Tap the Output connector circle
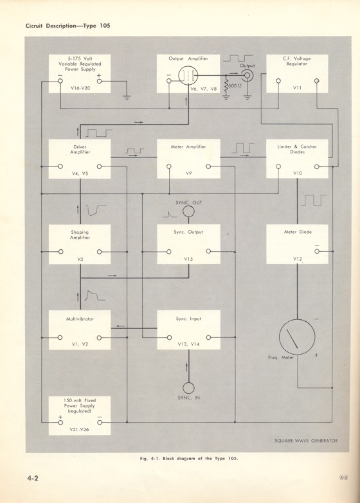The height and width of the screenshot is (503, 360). (x=247, y=75)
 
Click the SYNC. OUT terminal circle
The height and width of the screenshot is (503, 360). (x=188, y=211)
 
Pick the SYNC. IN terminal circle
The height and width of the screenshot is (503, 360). (x=188, y=388)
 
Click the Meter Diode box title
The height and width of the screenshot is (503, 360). (x=297, y=233)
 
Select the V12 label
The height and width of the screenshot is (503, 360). (x=297, y=258)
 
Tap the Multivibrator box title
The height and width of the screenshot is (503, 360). (x=80, y=318)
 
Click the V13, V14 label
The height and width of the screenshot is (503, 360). (x=188, y=344)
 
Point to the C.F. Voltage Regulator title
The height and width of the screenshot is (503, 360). (x=297, y=62)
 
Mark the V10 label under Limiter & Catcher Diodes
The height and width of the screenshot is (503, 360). (x=297, y=173)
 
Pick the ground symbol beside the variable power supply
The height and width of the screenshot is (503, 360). (x=127, y=97)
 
